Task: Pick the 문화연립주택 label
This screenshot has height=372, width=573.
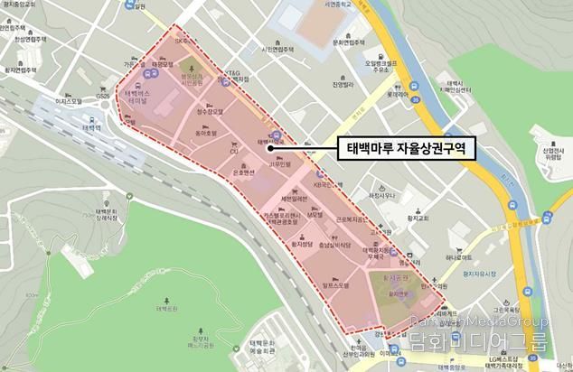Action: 347,42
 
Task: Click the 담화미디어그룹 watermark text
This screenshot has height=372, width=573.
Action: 479,341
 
